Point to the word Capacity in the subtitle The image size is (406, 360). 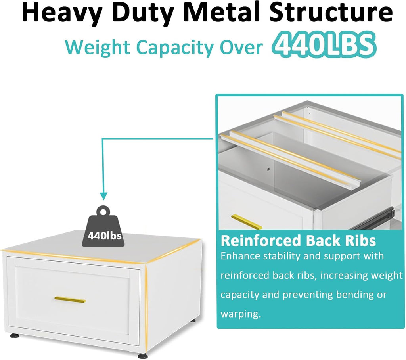(x=174, y=48)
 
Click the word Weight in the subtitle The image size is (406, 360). (x=98, y=48)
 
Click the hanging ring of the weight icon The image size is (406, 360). (x=103, y=211)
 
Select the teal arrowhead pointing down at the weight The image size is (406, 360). (x=104, y=196)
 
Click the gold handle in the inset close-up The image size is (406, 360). (x=247, y=222)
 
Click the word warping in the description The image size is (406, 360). (x=241, y=314)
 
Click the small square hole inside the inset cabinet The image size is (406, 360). (x=268, y=170)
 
